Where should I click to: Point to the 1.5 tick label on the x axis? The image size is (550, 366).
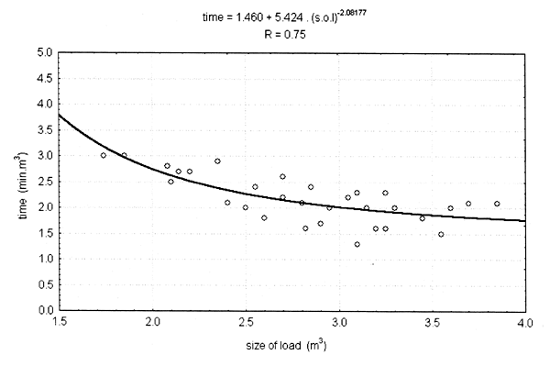(60, 324)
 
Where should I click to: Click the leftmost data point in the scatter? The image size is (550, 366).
(104, 155)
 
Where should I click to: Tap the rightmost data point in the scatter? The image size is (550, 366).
(497, 204)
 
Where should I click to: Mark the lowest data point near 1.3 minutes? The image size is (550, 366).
(357, 244)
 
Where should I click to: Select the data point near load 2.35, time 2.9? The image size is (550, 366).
(217, 161)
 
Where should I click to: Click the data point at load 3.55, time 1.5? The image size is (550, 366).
(441, 234)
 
